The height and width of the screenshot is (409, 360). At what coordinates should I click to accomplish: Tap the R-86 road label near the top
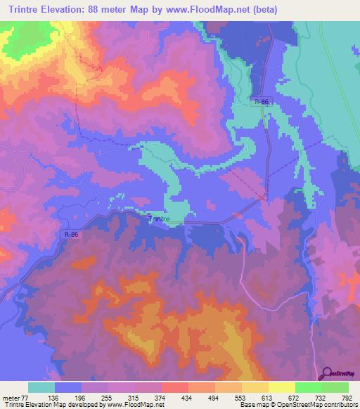tap(262, 102)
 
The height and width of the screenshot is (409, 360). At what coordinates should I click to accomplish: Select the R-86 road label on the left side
tap(70, 235)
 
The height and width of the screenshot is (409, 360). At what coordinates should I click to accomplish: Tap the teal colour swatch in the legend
tap(41, 387)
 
